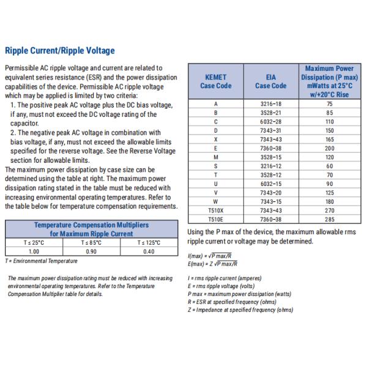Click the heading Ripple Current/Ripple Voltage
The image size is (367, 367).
pos(59,51)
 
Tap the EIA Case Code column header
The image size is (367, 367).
pos(270,82)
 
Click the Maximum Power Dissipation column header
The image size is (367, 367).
pos(330,81)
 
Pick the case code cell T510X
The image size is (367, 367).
pos(215,210)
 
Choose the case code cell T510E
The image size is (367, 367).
pos(215,218)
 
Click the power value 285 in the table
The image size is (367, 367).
pos(330,218)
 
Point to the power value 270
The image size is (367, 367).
pos(330,210)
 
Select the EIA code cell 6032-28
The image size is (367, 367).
pos(270,122)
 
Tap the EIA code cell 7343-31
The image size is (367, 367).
pos(270,130)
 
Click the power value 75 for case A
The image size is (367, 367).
pos(330,104)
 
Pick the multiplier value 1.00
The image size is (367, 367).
pos(34,251)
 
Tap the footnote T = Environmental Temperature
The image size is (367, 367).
pos(41,261)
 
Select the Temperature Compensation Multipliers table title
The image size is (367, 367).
pos(91,229)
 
